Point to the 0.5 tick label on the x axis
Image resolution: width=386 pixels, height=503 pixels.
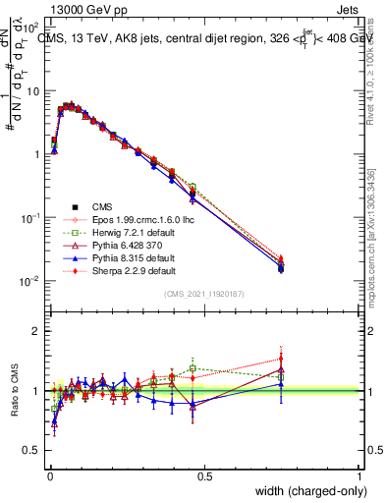203,475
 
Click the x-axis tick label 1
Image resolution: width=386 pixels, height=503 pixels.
359,475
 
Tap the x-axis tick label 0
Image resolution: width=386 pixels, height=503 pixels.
48,475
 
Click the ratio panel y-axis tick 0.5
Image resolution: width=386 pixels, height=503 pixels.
31,451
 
